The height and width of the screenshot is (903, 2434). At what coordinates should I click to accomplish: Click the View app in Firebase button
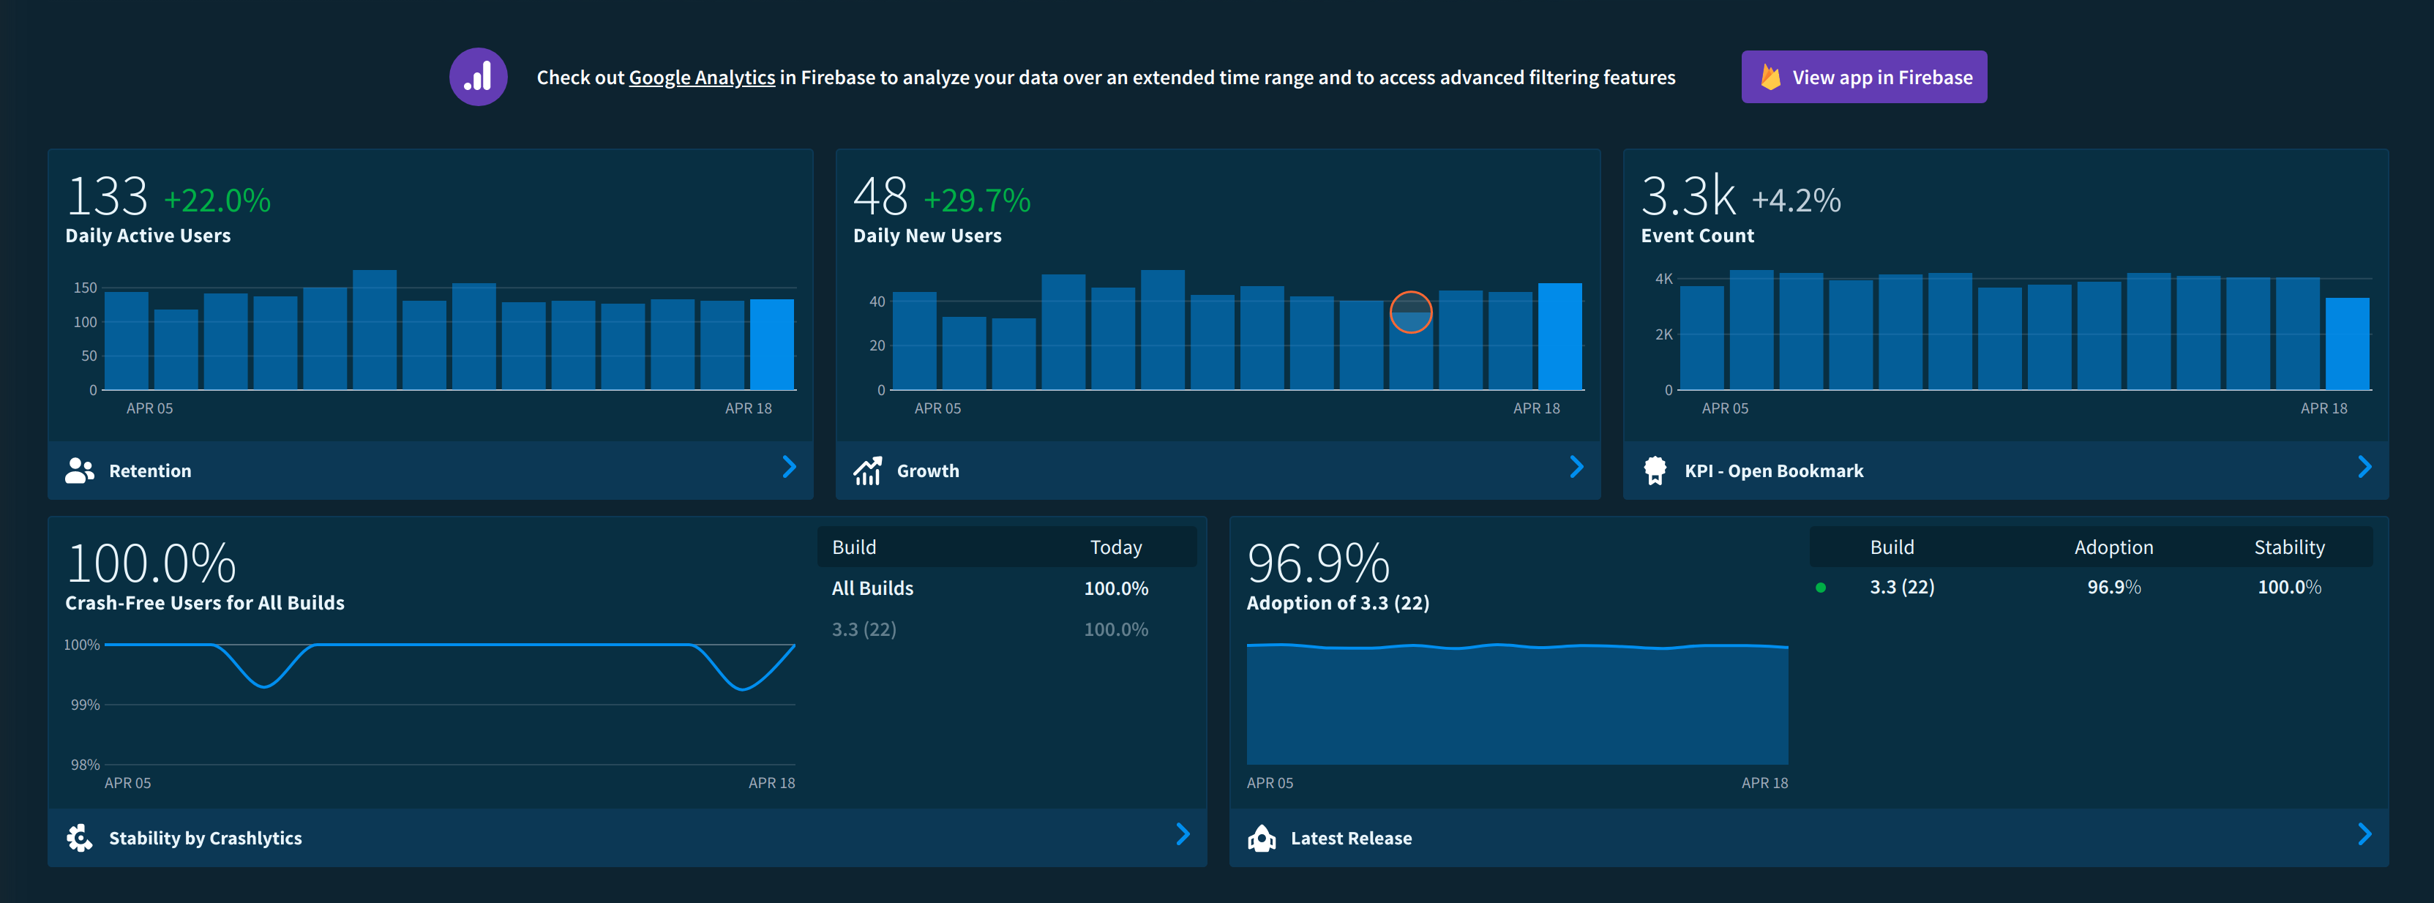coord(1863,78)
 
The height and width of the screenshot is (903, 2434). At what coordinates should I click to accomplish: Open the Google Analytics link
coord(701,78)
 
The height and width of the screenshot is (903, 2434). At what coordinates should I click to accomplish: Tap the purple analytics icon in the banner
coord(478,78)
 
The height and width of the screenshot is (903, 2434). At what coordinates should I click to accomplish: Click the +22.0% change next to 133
coord(217,201)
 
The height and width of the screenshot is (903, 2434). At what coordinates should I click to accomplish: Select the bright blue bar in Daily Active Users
coord(771,345)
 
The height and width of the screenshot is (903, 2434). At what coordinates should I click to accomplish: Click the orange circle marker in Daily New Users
coord(1411,312)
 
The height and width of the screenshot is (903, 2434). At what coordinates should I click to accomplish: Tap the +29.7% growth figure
coord(976,201)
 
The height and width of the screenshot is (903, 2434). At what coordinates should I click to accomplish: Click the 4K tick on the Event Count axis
coord(1663,279)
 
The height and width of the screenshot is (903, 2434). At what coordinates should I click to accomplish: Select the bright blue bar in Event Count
coord(2346,344)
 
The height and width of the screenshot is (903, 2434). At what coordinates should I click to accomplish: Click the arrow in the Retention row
coord(789,468)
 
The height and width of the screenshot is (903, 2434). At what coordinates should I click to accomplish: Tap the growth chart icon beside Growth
coord(867,471)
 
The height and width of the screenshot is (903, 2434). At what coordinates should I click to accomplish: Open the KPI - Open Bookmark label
coord(1773,471)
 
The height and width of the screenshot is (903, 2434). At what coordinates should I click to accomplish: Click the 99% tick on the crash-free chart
coord(85,705)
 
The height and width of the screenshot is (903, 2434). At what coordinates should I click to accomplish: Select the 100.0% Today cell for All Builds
coord(1116,588)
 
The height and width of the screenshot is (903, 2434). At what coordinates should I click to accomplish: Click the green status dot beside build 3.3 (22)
coord(1821,588)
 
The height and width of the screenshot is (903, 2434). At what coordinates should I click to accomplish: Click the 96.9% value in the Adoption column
coord(2113,588)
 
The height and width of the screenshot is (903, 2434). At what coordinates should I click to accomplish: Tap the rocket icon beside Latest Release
coord(1262,838)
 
